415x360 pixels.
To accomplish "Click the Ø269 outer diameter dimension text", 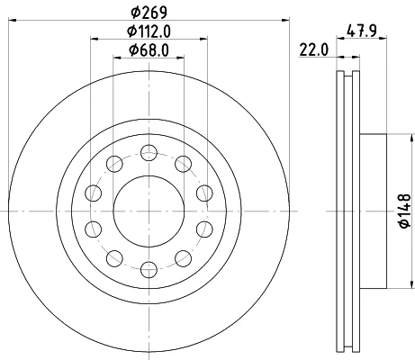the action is [149, 12].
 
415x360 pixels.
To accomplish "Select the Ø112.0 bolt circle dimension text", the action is [149, 31].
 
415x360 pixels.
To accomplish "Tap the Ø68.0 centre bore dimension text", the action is [149, 49].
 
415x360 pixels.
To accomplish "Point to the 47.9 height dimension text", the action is [362, 31].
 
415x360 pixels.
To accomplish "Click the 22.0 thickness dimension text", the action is [314, 49].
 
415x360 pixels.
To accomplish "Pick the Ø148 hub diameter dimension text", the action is [405, 211].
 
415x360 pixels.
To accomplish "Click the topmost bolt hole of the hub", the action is [149, 153].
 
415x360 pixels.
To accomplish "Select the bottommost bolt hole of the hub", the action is [149, 269].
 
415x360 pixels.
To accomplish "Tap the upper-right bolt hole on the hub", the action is [183, 164].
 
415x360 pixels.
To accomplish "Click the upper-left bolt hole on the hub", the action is [114, 164].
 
